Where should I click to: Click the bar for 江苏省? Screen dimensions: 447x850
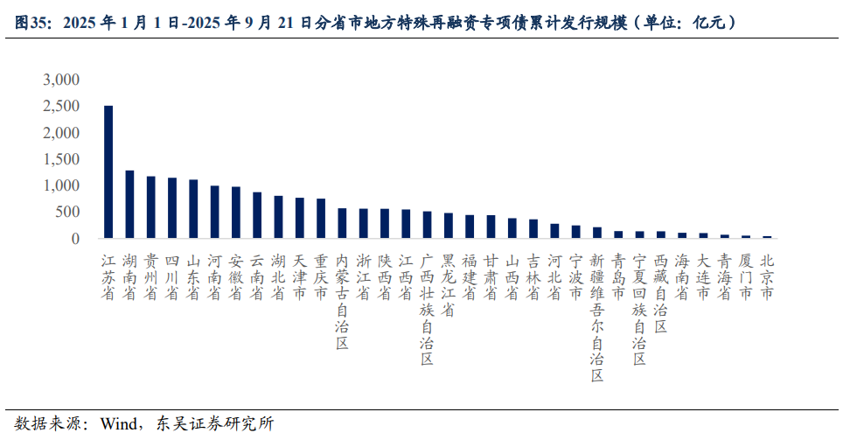108,172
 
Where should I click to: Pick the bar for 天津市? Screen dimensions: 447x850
300,218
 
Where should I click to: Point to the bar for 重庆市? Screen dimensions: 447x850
321,219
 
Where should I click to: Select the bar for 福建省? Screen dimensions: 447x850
470,227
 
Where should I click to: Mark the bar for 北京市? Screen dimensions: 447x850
767,236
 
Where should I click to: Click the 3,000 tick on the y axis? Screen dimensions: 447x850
61,80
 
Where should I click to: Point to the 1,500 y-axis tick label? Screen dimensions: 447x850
61,159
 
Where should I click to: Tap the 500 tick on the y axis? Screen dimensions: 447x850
67,213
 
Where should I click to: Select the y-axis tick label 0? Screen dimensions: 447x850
75,239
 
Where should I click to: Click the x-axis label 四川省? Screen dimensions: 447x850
172,277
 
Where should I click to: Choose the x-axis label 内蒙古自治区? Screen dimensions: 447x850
342,302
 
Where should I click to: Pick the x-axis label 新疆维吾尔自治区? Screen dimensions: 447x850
597,318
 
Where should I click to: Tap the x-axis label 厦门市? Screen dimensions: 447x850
746,277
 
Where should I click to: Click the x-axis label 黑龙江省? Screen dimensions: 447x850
449,285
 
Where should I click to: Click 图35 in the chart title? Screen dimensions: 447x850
32,24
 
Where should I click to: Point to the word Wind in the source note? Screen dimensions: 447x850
119,424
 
